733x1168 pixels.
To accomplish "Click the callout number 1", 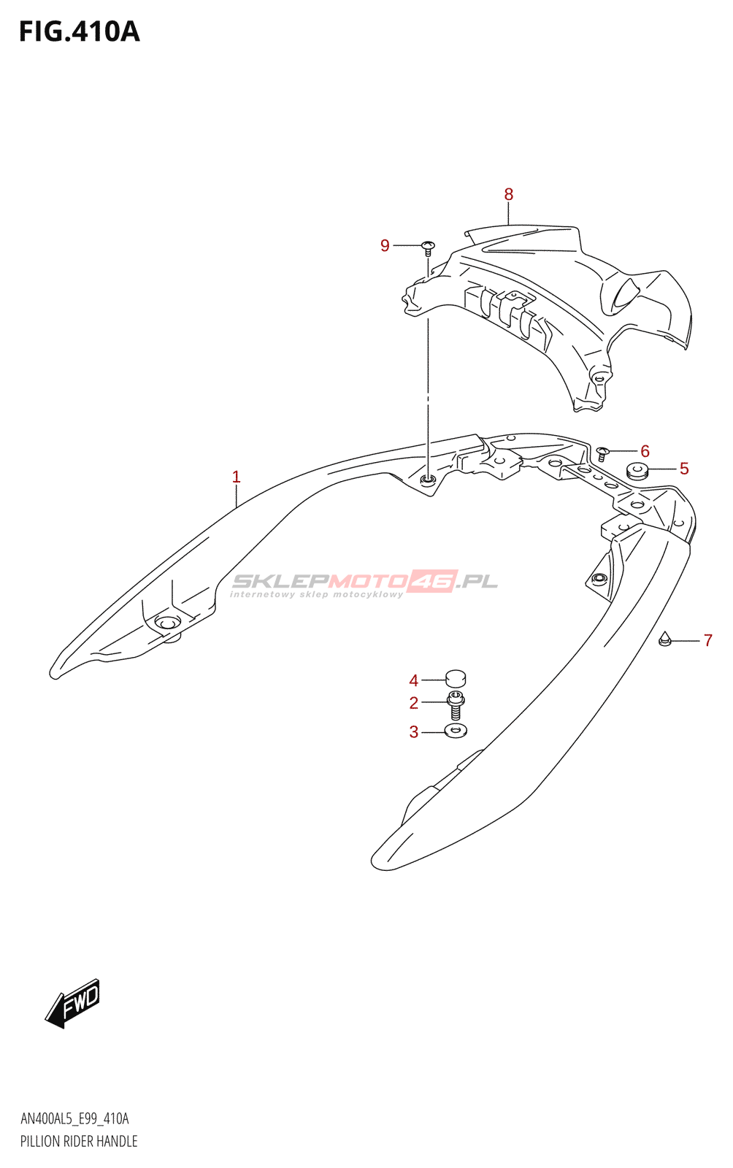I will [x=236, y=477].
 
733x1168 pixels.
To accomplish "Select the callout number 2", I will [x=413, y=703].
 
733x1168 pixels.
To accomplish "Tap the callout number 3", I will [x=413, y=731].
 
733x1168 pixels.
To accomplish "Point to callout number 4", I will [x=413, y=680].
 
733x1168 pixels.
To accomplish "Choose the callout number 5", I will [x=684, y=469].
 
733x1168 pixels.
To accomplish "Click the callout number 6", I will [x=645, y=451].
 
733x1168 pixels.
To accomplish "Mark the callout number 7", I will [x=707, y=641].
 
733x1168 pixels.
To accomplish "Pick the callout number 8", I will [x=509, y=194].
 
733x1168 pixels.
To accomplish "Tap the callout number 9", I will [x=385, y=246].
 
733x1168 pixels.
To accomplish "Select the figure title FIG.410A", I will [x=79, y=32].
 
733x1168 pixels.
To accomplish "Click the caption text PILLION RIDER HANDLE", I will [x=79, y=1141].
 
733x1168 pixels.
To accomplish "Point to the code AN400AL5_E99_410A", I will [x=74, y=1119].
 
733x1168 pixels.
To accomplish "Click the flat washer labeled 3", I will [x=456, y=730].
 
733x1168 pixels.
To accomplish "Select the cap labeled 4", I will [x=456, y=679].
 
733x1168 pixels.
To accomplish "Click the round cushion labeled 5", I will [x=637, y=471].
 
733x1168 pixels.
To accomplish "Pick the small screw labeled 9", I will [x=429, y=247].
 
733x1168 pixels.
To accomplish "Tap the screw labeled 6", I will [x=603, y=453].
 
